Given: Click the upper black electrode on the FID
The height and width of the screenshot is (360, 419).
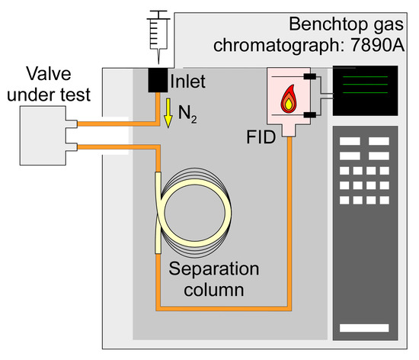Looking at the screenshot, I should [309, 78].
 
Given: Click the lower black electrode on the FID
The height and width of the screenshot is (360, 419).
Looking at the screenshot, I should [309, 114].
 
